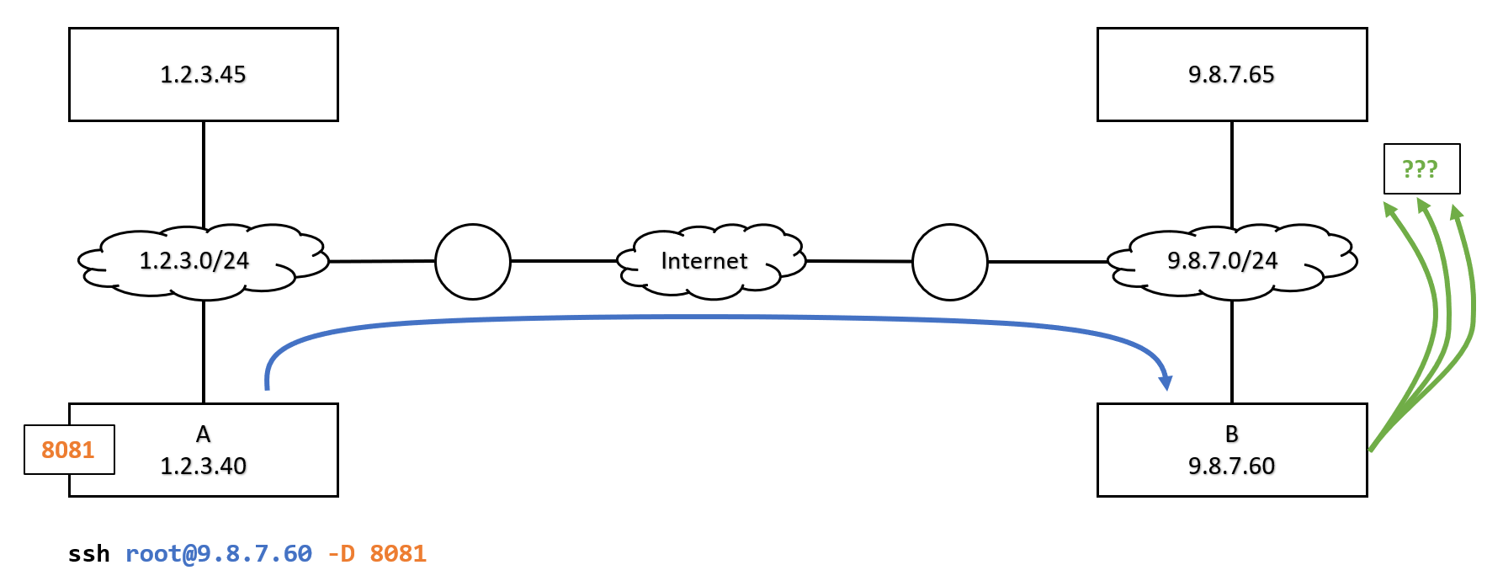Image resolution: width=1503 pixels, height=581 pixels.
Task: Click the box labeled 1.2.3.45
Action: click(x=204, y=74)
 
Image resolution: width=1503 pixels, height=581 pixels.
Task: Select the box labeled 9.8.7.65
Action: click(x=1231, y=74)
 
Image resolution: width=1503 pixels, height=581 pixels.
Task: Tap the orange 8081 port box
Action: click(x=68, y=450)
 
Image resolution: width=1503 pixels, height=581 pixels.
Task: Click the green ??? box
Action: click(x=1421, y=168)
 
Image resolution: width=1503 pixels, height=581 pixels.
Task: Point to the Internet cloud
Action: click(x=704, y=261)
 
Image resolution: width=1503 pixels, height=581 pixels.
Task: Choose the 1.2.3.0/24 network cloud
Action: click(x=195, y=261)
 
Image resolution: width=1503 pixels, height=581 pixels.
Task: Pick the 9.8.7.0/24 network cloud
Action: click(x=1223, y=261)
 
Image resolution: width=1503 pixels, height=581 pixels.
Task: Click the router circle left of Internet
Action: click(x=473, y=261)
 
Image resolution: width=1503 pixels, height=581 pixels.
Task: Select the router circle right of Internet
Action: click(x=949, y=261)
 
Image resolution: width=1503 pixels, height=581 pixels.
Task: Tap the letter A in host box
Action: click(x=204, y=434)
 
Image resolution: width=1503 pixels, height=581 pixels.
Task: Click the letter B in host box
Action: click(x=1231, y=434)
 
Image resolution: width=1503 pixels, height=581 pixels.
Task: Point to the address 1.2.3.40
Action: click(x=204, y=466)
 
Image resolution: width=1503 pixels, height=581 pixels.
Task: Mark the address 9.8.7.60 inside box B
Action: click(x=1231, y=466)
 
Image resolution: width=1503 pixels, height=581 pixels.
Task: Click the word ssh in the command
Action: click(x=89, y=554)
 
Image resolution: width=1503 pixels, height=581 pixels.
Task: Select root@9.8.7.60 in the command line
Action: click(x=219, y=554)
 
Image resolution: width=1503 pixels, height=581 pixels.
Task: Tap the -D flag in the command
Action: click(x=341, y=554)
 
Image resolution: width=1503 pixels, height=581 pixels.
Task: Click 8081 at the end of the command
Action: click(x=398, y=554)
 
